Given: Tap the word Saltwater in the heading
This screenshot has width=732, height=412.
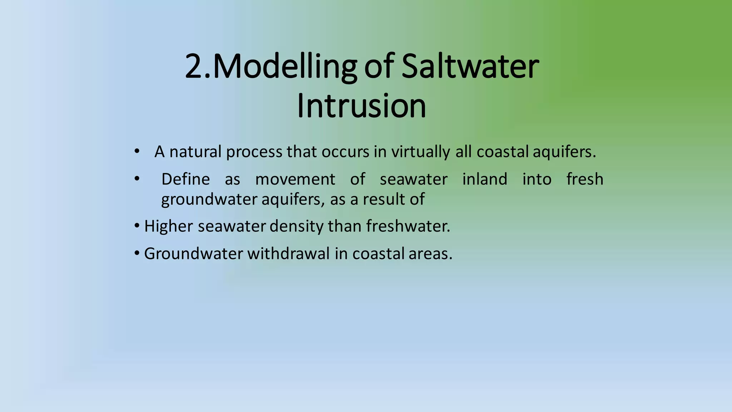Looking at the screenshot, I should click(470, 67).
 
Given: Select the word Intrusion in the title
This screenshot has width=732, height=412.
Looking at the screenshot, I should click(361, 106).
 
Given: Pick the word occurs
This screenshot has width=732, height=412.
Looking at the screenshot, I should click(345, 152).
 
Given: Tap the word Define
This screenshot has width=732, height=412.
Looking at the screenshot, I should click(186, 179).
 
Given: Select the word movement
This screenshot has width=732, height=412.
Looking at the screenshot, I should click(295, 179).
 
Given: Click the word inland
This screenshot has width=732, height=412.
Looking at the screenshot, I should click(485, 179).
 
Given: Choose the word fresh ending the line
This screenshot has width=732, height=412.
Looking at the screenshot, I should click(585, 179).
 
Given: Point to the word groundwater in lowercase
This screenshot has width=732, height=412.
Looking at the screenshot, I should click(209, 200).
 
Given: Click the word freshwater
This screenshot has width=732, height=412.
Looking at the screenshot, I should click(407, 226).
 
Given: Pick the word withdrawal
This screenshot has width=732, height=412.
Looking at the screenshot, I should click(288, 254).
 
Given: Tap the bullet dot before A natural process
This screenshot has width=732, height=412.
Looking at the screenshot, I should click(137, 152).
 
